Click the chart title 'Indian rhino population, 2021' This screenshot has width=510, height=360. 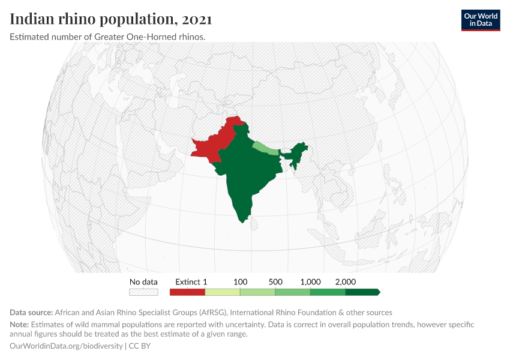point(111,19)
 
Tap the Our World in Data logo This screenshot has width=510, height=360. point(481,20)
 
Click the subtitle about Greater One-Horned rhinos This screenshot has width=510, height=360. point(108,37)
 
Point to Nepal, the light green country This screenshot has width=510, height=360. point(265,148)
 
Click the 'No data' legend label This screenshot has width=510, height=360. point(143,281)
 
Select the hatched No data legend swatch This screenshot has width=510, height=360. point(143,292)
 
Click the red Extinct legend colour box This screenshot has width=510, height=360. point(187,292)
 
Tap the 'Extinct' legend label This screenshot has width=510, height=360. point(187,281)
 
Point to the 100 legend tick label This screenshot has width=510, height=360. point(240,281)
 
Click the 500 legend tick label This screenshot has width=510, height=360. point(275,281)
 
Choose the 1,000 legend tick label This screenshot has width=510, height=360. point(310,281)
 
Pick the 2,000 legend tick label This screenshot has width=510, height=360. point(346,281)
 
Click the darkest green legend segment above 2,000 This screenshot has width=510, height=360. point(362,292)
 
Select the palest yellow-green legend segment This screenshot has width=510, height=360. point(223,292)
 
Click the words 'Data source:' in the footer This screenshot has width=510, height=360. point(31,313)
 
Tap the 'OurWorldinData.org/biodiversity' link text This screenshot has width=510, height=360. point(67,346)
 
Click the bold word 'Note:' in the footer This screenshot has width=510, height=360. point(20,325)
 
